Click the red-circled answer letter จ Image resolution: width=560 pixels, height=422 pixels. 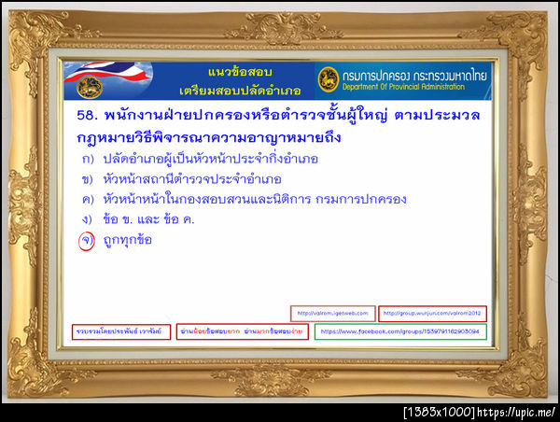87,240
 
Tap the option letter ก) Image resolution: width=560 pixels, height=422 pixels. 87,159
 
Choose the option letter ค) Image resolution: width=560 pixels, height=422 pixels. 87,199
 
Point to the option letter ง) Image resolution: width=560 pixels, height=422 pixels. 87,219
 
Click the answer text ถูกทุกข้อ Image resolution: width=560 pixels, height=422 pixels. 127,240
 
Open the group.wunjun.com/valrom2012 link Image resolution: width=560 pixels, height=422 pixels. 433,314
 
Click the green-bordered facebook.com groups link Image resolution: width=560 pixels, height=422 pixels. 400,331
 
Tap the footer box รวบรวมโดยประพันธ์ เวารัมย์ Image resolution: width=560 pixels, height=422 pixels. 121,331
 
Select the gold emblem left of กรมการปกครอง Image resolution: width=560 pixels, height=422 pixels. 328,79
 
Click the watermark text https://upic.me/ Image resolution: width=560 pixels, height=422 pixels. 525,412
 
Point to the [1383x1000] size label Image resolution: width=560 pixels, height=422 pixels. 439,412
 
